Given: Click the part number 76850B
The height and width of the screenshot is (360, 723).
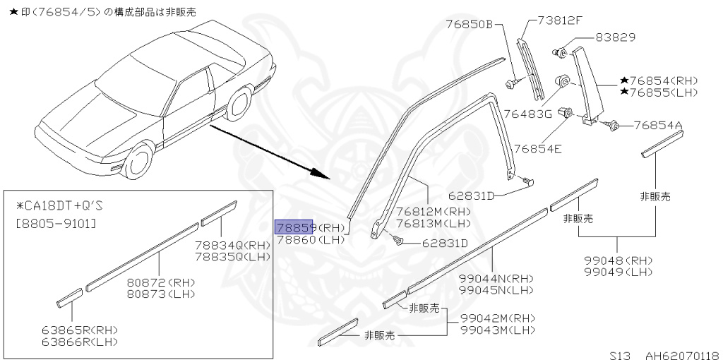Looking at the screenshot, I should click(x=468, y=24).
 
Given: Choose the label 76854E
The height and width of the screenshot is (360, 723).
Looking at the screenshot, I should click(x=537, y=148).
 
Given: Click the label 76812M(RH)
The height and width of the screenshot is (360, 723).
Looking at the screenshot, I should click(x=433, y=210).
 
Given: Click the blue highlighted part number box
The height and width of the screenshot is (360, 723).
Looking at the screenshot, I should click(x=294, y=227).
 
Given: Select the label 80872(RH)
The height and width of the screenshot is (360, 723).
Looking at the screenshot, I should click(x=161, y=282).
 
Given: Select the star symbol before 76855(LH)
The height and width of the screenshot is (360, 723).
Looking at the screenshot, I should click(x=625, y=92).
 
